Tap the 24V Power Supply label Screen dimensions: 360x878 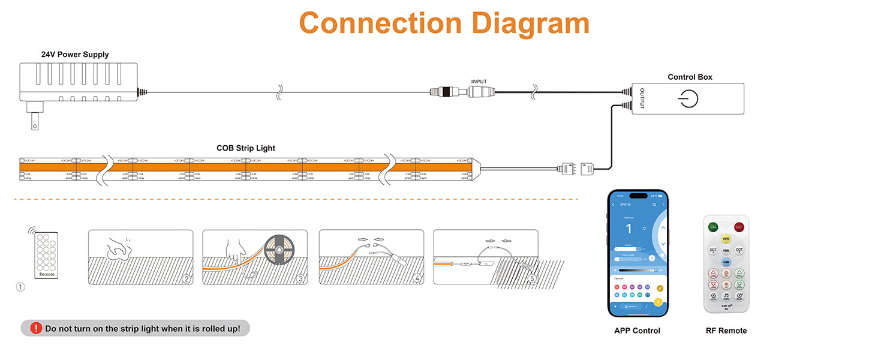point(75,55)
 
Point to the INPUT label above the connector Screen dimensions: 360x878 point(479,82)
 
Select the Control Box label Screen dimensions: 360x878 point(690,77)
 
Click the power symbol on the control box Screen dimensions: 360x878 point(688,98)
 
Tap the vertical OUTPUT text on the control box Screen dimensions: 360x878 point(642,98)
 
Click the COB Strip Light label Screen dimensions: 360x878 point(246,148)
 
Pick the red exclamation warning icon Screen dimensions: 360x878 point(36,328)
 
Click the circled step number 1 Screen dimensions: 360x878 point(20,287)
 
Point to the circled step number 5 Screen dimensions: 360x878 point(532,278)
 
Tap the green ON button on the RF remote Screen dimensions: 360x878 point(713,227)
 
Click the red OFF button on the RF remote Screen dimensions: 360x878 point(739,227)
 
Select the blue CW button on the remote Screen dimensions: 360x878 point(726,262)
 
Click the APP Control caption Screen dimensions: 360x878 point(637,331)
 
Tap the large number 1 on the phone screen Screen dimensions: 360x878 point(629,229)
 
